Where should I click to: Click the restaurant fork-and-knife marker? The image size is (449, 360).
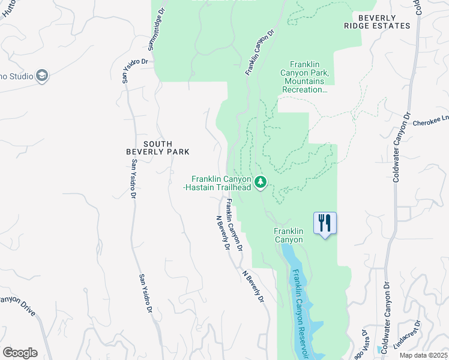click(x=325, y=223)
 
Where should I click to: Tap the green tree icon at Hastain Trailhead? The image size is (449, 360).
click(x=260, y=181)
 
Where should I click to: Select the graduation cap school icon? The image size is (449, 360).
click(x=41, y=76)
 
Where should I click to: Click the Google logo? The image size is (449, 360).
click(x=19, y=353)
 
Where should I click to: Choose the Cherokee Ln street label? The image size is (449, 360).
click(x=430, y=121)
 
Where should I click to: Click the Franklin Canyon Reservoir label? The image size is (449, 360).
click(x=301, y=312)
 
